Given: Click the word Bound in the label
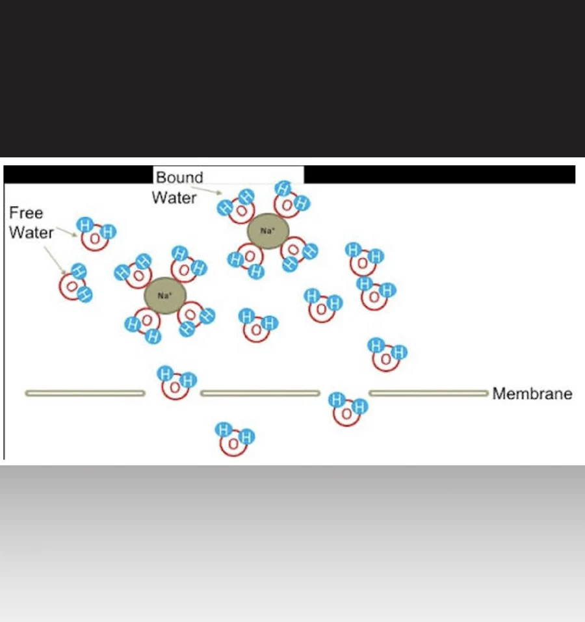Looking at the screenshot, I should pyautogui.click(x=179, y=177).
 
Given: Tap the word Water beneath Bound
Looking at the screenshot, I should pyautogui.click(x=174, y=198).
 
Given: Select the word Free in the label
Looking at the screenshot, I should pyautogui.click(x=26, y=213).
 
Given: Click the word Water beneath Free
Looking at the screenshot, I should pyautogui.click(x=31, y=233).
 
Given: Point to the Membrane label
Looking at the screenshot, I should pyautogui.click(x=532, y=394).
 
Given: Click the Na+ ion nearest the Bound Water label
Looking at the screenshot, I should pyautogui.click(x=268, y=231).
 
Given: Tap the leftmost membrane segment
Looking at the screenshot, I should pyautogui.click(x=84, y=393).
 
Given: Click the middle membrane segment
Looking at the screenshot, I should pyautogui.click(x=260, y=393).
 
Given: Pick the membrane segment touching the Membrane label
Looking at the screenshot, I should pyautogui.click(x=428, y=393).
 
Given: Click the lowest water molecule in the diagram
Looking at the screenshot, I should pyautogui.click(x=235, y=439).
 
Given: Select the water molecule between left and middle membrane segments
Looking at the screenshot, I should pyautogui.click(x=175, y=383).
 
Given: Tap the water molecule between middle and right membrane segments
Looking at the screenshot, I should pyautogui.click(x=347, y=409).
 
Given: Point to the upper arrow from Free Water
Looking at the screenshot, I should pyautogui.click(x=65, y=231).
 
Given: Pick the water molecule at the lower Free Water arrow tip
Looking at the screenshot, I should pyautogui.click(x=74, y=283).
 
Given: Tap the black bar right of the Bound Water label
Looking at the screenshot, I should pyautogui.click(x=439, y=174).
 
